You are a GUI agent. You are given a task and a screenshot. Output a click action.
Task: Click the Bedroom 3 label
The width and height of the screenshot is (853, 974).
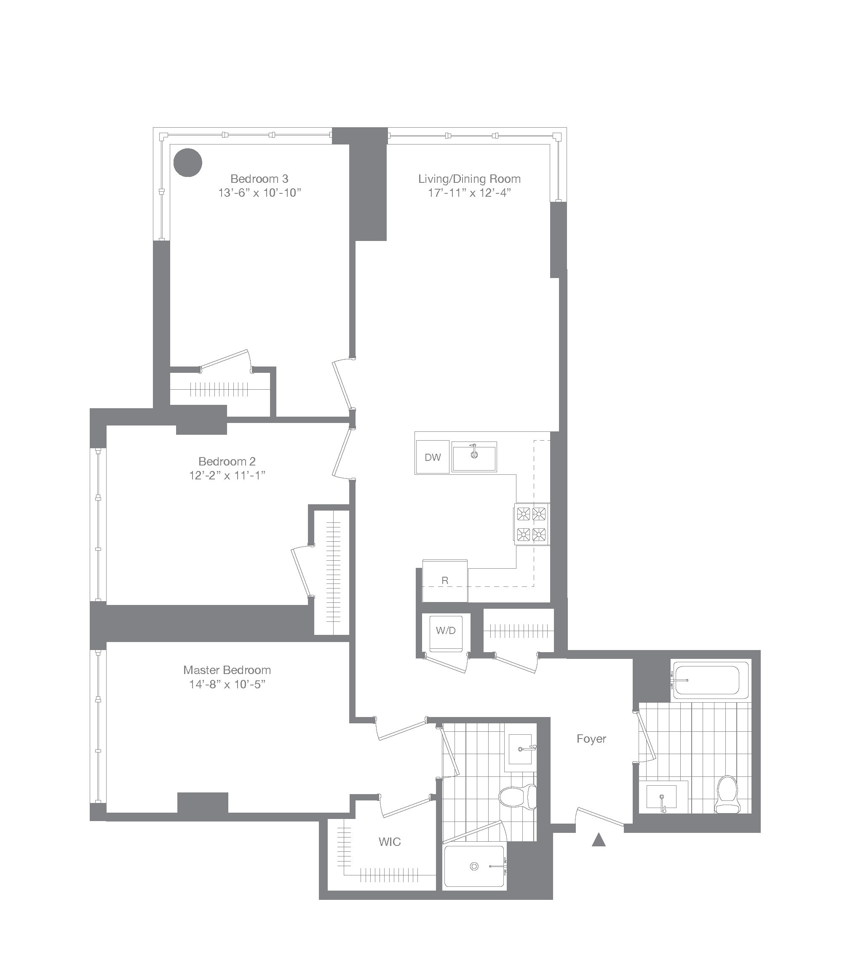[259, 179]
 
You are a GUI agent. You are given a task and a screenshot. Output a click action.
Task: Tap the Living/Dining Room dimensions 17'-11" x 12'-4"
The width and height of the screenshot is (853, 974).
[469, 193]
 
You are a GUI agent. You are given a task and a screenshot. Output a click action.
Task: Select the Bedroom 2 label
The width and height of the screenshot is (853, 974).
[227, 461]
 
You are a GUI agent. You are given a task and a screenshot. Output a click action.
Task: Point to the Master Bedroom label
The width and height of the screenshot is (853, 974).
[227, 670]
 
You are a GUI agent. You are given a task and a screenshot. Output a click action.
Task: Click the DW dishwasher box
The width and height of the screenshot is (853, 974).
[432, 457]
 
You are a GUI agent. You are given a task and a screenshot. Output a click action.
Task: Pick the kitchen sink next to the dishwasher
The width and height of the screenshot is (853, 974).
[474, 456]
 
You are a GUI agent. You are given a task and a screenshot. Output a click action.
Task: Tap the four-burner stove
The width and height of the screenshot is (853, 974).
[531, 524]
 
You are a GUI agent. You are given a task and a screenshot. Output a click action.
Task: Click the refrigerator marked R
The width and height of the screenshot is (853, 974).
[444, 580]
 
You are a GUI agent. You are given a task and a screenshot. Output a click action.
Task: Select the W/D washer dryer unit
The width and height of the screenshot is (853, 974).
[446, 632]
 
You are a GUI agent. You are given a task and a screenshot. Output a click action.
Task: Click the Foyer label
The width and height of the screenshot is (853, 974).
[591, 739]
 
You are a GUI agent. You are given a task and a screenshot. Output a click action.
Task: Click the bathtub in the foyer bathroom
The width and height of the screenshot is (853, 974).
[707, 681]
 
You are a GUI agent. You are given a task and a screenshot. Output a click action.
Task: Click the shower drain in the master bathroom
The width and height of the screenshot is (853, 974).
[474, 867]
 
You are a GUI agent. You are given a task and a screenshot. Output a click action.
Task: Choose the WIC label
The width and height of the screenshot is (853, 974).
[389, 842]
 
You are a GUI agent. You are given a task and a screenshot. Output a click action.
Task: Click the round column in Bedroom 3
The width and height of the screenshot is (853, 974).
[187, 162]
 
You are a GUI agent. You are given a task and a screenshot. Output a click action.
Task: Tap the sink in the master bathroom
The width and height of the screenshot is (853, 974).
[521, 749]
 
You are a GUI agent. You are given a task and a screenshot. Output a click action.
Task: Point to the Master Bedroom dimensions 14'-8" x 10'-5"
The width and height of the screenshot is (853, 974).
[227, 685]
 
